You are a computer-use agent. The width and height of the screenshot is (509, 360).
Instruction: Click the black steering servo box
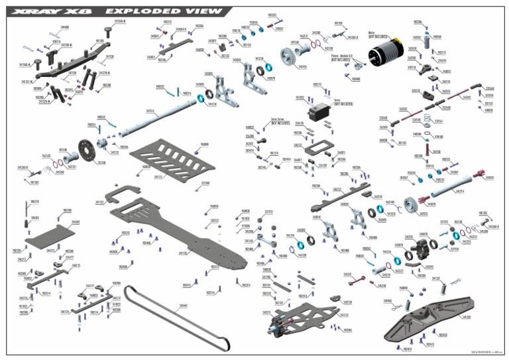[x=325, y=108]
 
